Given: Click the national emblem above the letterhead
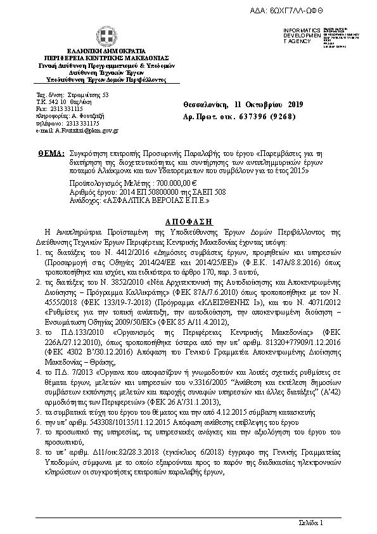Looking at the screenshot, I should click(106, 36).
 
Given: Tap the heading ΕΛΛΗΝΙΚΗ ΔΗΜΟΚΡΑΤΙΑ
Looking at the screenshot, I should click(106, 50).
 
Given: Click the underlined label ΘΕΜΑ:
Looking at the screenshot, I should click(51, 153).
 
